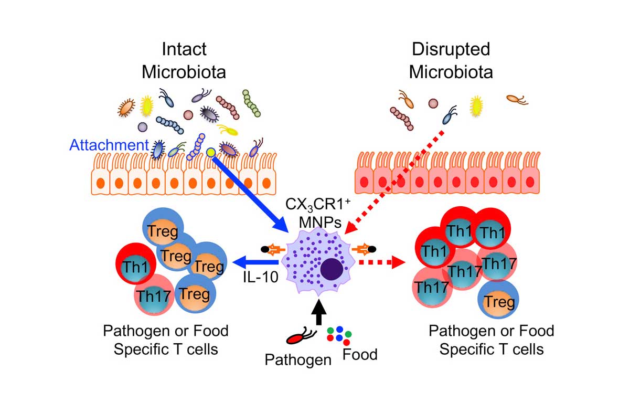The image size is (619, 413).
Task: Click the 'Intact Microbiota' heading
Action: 184,60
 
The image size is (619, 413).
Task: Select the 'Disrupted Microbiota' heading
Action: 451,60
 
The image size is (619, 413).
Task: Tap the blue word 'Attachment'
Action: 109,144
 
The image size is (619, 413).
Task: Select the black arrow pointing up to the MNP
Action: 318,310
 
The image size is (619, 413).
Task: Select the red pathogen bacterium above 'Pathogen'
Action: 300,335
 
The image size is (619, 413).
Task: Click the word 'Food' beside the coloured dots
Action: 359,354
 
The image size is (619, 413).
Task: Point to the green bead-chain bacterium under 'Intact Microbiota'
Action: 252,103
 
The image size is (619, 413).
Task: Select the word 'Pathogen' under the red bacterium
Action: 298,360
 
